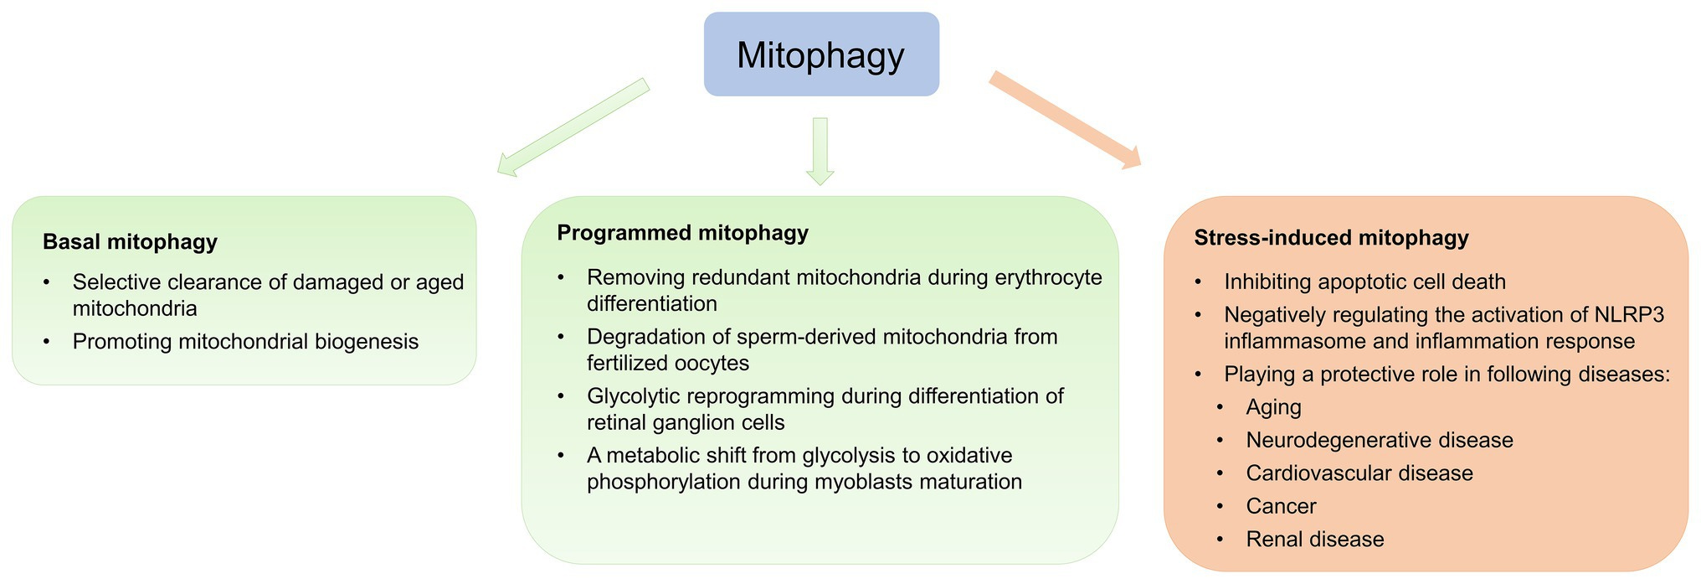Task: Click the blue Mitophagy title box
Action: (x=820, y=54)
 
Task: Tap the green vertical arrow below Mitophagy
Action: (x=820, y=150)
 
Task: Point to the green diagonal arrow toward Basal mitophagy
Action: (x=573, y=127)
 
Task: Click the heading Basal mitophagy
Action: (x=130, y=242)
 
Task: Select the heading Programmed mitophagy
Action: (x=682, y=233)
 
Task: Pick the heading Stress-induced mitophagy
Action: (x=1331, y=238)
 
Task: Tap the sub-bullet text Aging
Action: (x=1273, y=407)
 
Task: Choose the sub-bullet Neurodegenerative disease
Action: (x=1379, y=440)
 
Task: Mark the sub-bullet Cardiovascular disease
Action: (x=1359, y=473)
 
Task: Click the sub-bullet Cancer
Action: (x=1281, y=506)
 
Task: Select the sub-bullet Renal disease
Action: (x=1314, y=540)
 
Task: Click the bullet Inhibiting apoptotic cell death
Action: (x=1364, y=282)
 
